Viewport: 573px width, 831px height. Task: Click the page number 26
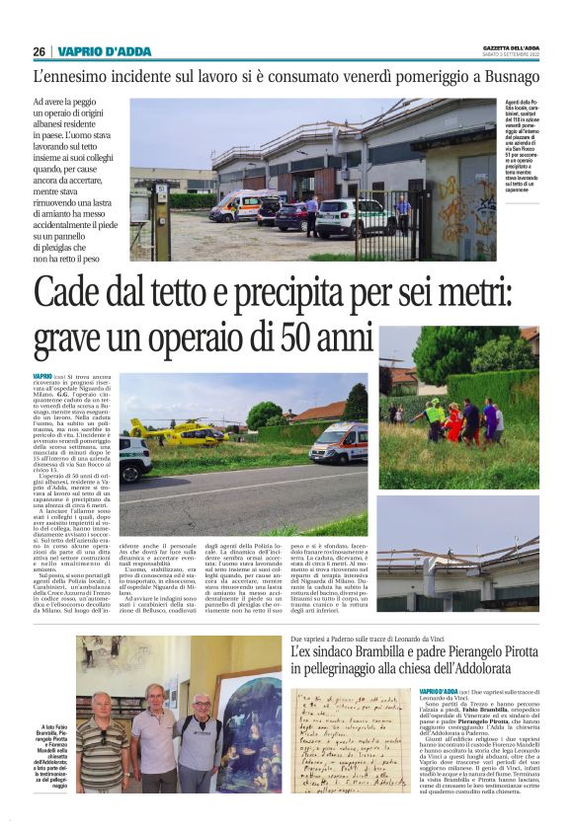(39, 51)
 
